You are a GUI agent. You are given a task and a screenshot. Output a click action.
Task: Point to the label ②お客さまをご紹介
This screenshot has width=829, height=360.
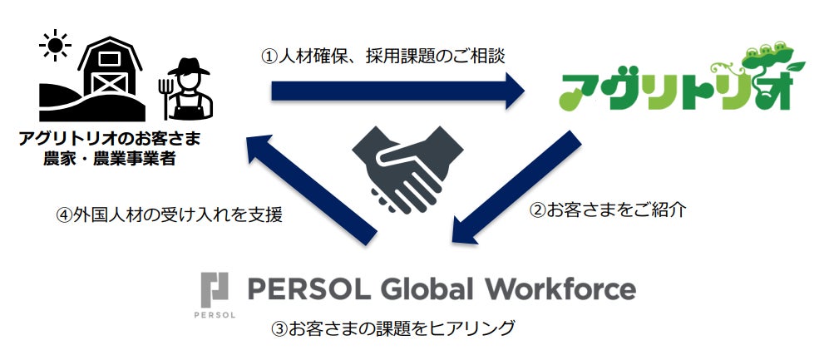click(x=608, y=210)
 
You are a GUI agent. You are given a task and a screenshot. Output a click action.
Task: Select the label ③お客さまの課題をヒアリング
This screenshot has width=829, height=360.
click(x=392, y=328)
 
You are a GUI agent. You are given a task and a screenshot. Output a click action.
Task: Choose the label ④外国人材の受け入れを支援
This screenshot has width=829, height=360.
click(x=169, y=215)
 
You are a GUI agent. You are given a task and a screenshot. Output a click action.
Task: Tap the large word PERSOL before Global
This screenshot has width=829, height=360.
click(x=313, y=288)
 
